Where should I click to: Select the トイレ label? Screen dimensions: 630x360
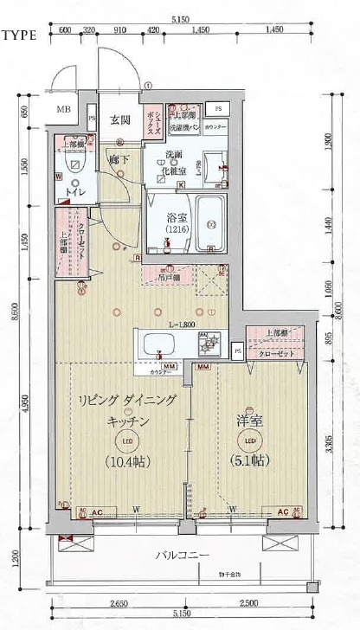[x=77, y=191]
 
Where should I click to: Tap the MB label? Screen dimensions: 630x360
[x=64, y=111]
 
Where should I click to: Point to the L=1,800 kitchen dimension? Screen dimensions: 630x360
[x=181, y=324]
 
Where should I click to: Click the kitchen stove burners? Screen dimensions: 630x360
[x=209, y=344]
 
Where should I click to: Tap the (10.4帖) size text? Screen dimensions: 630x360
[x=126, y=460]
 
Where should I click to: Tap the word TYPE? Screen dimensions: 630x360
[x=19, y=36]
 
